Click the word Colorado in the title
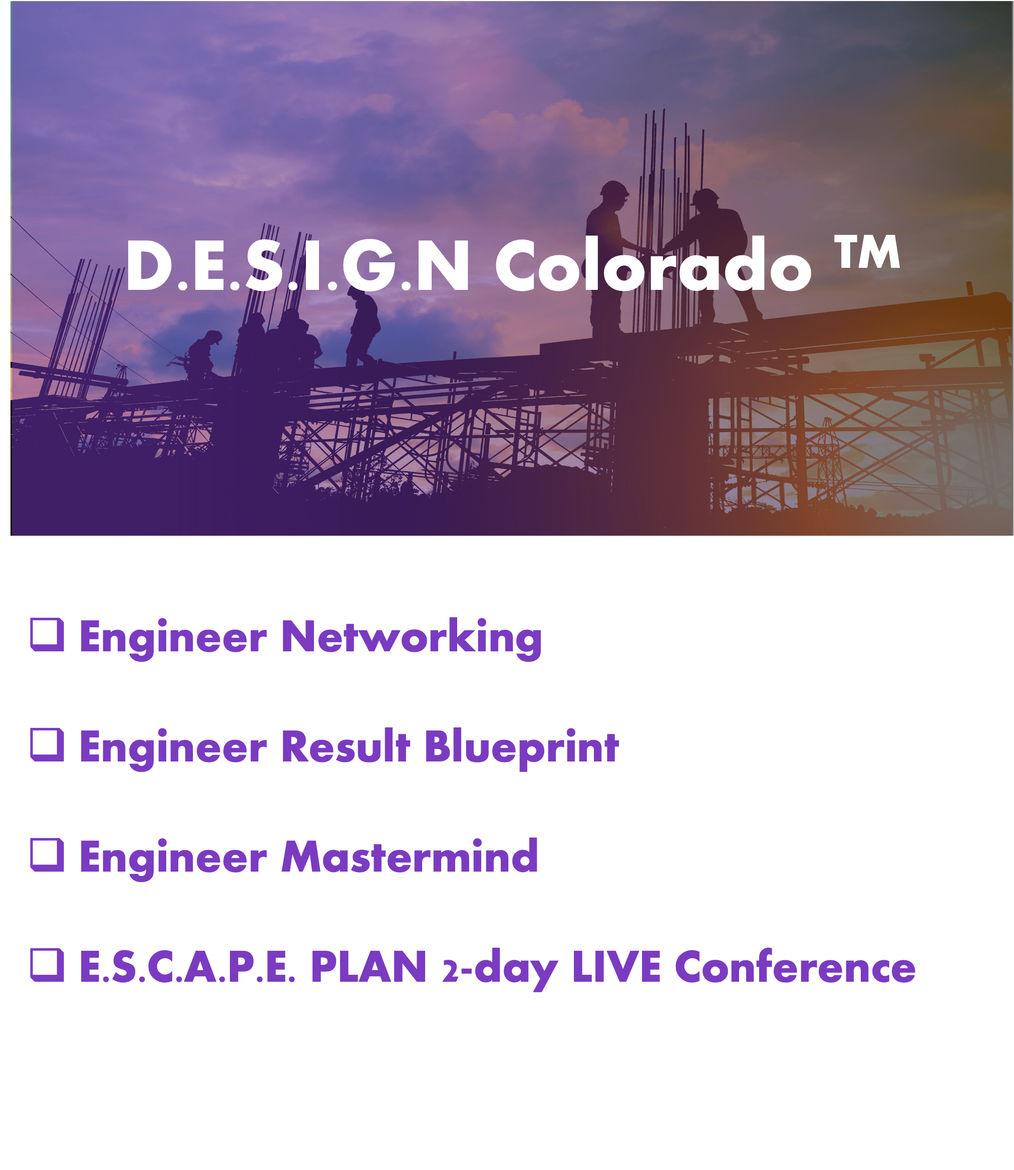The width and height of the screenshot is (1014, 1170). point(653,264)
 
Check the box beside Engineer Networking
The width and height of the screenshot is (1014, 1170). point(47,634)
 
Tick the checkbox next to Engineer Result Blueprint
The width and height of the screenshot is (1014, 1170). point(47,744)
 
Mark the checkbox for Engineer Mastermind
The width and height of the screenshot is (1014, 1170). point(47,855)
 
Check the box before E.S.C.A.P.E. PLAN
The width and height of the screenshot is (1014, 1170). point(47,965)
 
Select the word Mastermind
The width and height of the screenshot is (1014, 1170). point(410,857)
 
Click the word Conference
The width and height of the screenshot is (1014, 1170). point(795,967)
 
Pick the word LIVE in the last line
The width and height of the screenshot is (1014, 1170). point(616,967)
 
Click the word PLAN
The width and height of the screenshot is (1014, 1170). point(369,967)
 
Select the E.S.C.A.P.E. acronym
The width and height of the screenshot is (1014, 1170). point(187,967)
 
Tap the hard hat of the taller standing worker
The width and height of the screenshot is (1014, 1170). point(614,190)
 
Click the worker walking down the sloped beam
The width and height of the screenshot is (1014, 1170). point(362,327)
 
